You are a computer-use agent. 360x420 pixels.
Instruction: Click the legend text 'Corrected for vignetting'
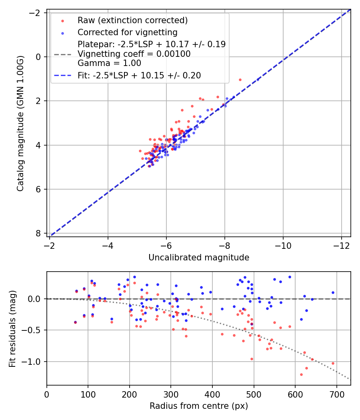127,32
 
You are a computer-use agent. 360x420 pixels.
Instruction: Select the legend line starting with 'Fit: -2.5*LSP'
139,75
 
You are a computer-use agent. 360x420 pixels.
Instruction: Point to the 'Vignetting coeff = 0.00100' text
134,54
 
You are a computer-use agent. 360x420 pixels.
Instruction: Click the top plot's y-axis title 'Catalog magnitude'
20,123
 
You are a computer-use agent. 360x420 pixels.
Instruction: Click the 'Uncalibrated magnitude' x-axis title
199,258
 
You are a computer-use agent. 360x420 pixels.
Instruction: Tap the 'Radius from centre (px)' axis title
199,406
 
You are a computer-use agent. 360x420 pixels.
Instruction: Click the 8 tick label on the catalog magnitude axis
38,233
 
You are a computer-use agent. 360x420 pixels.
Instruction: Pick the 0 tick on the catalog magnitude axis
38,57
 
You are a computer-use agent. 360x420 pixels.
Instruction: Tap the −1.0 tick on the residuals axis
34,362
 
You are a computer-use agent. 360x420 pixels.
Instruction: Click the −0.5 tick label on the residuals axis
34,330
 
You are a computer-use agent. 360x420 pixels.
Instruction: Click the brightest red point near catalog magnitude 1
240,80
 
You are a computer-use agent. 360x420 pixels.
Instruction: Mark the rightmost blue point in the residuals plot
333,292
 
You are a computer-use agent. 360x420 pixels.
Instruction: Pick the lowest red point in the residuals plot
301,374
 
